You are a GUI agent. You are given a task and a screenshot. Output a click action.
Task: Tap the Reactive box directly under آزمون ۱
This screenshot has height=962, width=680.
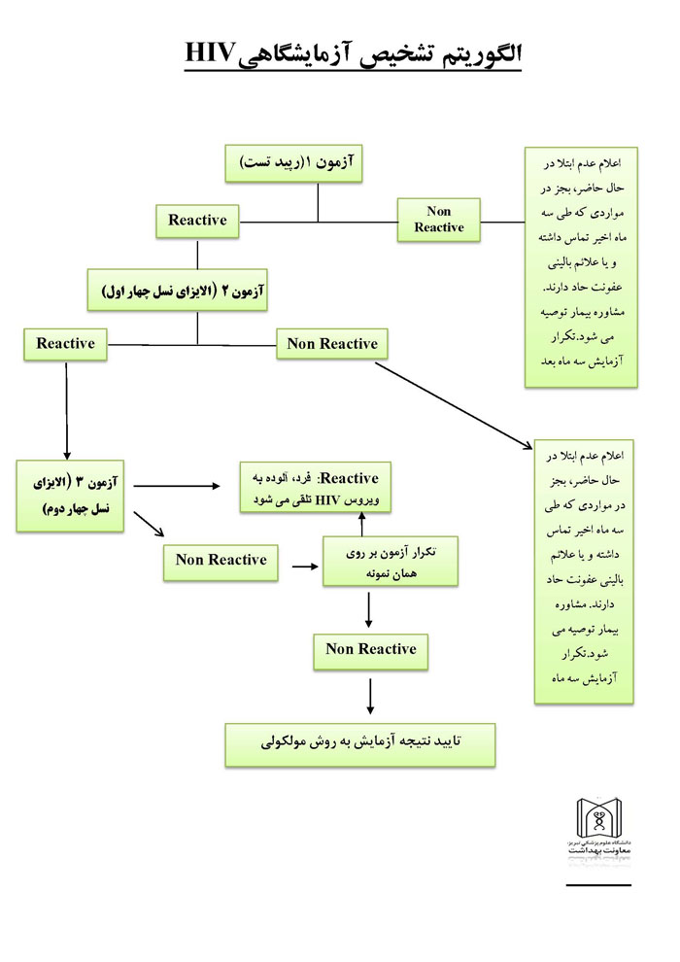pyautogui.click(x=197, y=221)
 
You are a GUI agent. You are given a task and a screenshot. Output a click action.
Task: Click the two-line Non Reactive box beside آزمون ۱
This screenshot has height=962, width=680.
pyautogui.click(x=438, y=220)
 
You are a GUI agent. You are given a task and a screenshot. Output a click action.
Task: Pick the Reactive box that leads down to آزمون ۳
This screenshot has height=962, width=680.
pyautogui.click(x=65, y=344)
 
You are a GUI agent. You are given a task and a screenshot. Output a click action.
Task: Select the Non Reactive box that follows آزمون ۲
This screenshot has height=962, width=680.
pyautogui.click(x=332, y=344)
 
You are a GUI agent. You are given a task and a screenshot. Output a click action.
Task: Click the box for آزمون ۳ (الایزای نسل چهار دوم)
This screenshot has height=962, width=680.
pyautogui.click(x=74, y=495)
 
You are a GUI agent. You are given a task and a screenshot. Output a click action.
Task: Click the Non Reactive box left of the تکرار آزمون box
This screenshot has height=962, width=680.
pyautogui.click(x=221, y=560)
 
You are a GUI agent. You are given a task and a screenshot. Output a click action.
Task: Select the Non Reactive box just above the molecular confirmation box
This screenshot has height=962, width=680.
pyautogui.click(x=370, y=649)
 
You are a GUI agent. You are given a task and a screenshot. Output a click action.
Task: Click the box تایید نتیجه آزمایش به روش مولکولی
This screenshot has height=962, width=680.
pyautogui.click(x=359, y=742)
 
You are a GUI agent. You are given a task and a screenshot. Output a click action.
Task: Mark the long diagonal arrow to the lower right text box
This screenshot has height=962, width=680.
pyautogui.click(x=452, y=403)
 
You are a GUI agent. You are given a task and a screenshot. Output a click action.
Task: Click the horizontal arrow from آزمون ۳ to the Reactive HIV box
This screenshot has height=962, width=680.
pyautogui.click(x=175, y=483)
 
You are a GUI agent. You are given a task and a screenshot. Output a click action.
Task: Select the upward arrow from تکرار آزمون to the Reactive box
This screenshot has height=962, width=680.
pyautogui.click(x=362, y=524)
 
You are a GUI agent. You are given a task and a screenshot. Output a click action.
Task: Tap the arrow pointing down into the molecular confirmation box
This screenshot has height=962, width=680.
pyautogui.click(x=370, y=698)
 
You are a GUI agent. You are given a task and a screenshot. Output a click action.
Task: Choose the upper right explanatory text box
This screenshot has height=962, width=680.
pyautogui.click(x=580, y=266)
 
